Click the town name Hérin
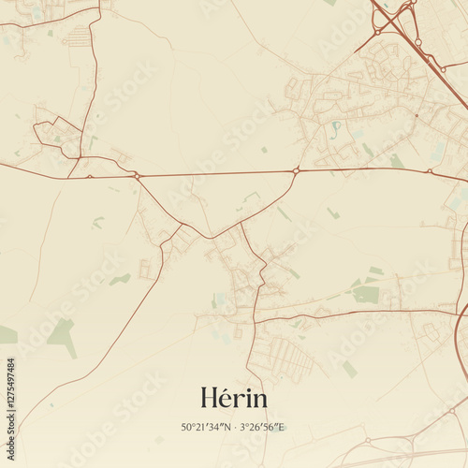click(233, 398)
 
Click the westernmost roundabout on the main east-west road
click(137, 175)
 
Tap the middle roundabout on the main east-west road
click(296, 170)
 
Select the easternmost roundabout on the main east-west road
click(430, 171)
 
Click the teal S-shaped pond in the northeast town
click(336, 126)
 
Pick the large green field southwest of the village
click(63, 334)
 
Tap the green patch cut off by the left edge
click(7, 334)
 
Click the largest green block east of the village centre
click(366, 294)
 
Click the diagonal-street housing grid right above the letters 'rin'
click(285, 356)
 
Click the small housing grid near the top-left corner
click(80, 37)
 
